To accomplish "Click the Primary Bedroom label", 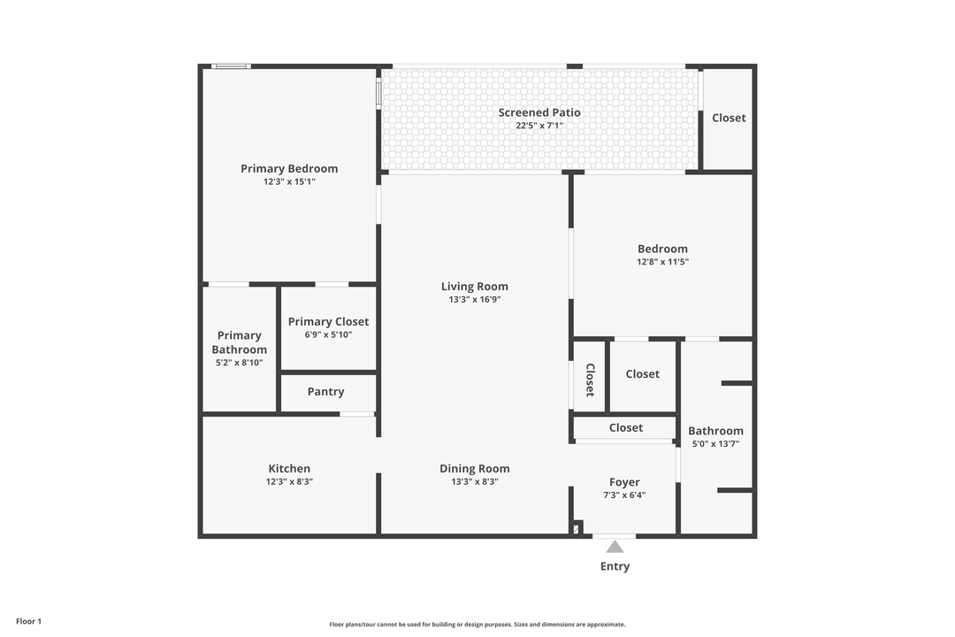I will click(289, 168).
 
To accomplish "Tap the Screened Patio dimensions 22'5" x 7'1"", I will click(539, 126).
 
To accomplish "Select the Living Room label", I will click(475, 286).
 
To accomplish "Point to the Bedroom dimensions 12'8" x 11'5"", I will click(662, 262).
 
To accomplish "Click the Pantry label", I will click(325, 391).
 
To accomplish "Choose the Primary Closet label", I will click(328, 321).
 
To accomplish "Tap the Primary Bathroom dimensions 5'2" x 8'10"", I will click(239, 363).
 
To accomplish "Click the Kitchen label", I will click(289, 468).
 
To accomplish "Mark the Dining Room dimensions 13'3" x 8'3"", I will click(475, 482).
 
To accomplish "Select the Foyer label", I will click(624, 482).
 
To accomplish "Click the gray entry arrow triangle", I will click(615, 547).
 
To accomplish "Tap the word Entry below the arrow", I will click(615, 566).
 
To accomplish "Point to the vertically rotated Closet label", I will click(590, 380).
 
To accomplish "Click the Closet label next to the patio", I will click(729, 118).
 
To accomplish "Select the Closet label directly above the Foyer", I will click(625, 427).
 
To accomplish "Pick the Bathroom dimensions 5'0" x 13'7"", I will click(715, 444).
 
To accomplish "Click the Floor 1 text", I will click(28, 621).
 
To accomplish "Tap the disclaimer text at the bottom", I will click(477, 625).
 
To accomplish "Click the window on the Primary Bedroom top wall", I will click(232, 66).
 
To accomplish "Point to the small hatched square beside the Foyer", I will click(577, 528).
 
